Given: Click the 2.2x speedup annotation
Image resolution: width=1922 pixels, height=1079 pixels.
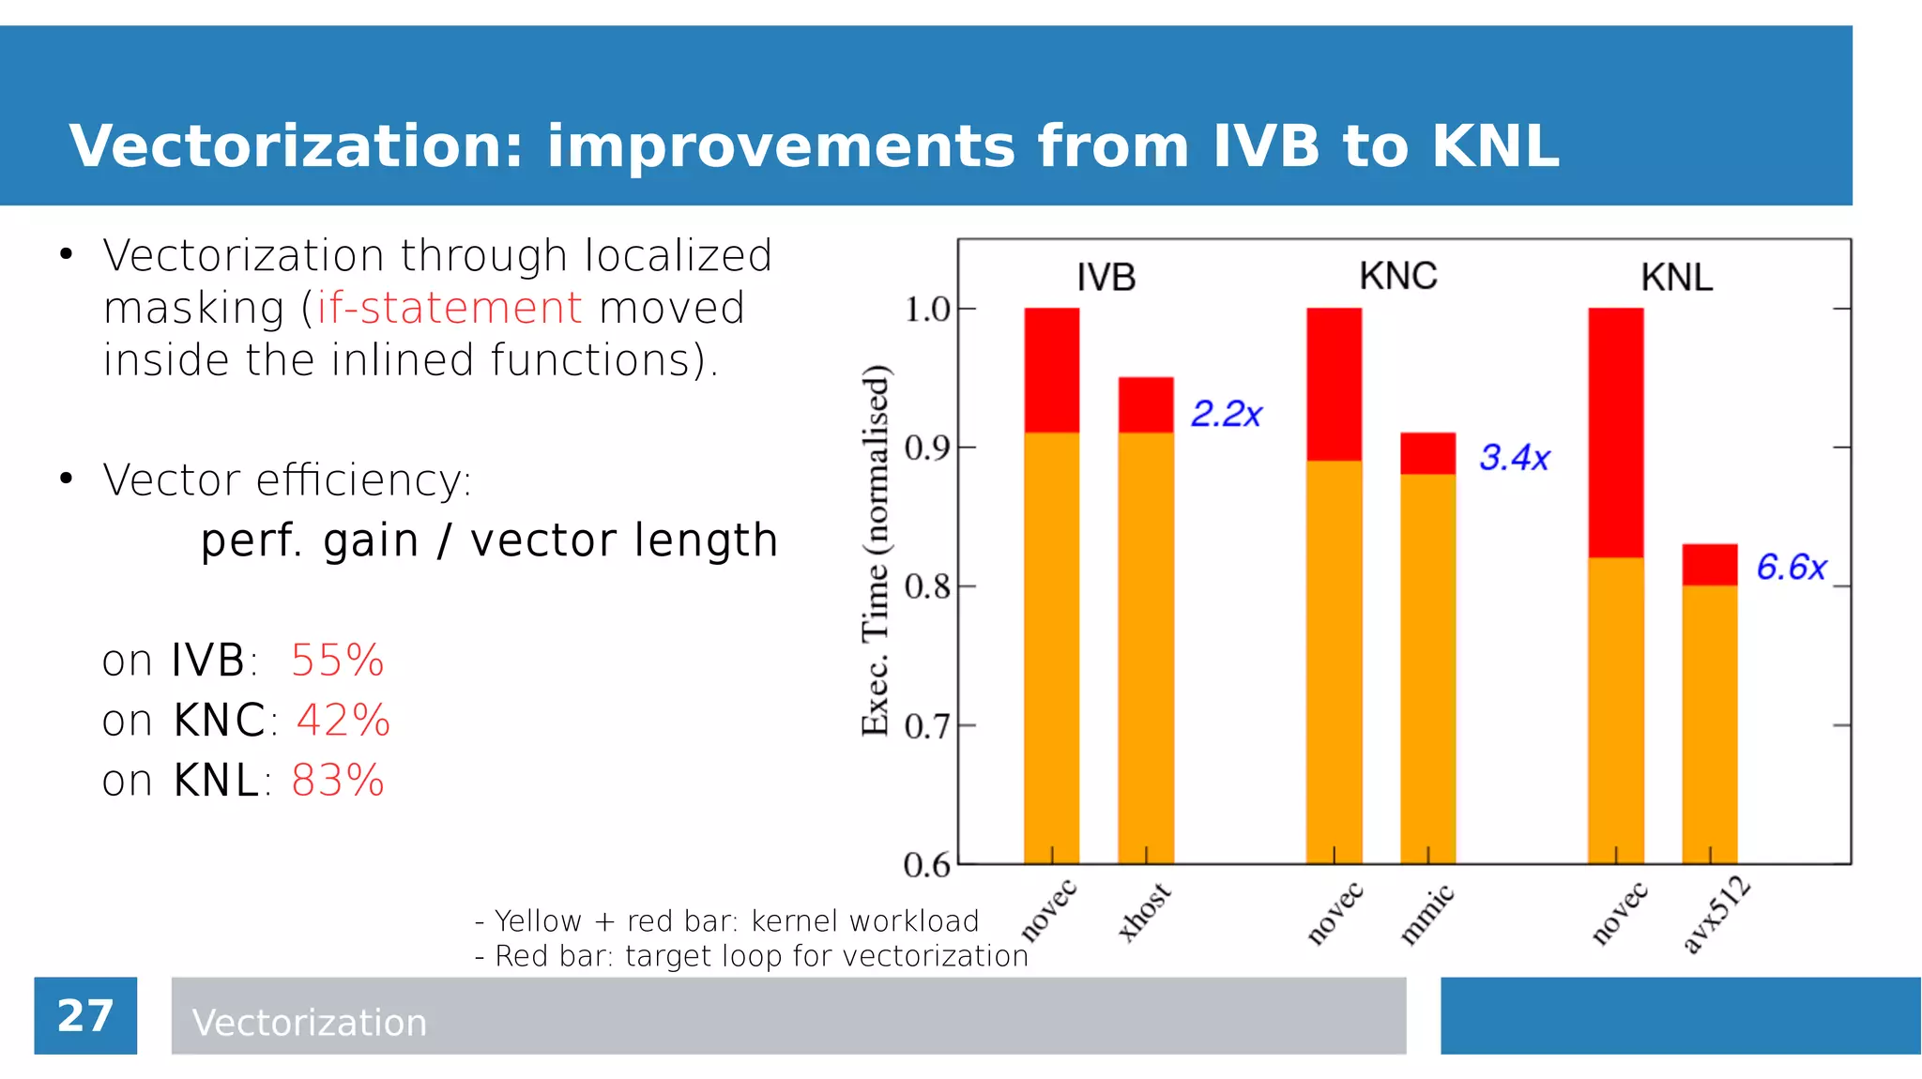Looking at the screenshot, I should pyautogui.click(x=1226, y=414).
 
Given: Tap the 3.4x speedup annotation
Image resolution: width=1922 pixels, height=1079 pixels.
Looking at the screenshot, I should pyautogui.click(x=1514, y=458).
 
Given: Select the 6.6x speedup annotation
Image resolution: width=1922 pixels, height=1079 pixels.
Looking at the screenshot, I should pyautogui.click(x=1791, y=568).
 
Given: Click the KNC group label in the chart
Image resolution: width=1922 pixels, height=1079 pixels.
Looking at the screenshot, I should pyautogui.click(x=1397, y=277).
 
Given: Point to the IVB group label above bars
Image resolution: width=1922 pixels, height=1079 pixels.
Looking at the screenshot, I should pyautogui.click(x=1106, y=278).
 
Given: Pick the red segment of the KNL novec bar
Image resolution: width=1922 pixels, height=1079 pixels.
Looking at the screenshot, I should pyautogui.click(x=1615, y=432).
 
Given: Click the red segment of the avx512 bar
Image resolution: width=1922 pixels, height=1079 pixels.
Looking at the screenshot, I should pyautogui.click(x=1709, y=565).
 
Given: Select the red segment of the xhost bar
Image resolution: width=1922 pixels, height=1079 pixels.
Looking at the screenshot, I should pyautogui.click(x=1146, y=404).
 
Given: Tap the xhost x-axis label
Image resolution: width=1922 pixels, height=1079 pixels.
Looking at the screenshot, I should pyautogui.click(x=1145, y=912).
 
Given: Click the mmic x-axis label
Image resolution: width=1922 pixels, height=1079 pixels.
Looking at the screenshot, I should pyautogui.click(x=1427, y=914).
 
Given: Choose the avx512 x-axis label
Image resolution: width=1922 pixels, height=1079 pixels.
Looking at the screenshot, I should pyautogui.click(x=1716, y=915).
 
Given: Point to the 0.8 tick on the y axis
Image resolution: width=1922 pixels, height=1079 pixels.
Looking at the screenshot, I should pyautogui.click(x=926, y=587).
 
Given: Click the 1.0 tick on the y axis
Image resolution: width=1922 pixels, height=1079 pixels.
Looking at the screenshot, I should pyautogui.click(x=926, y=310).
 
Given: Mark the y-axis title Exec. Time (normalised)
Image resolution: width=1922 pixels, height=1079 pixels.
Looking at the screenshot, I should pyautogui.click(x=875, y=550).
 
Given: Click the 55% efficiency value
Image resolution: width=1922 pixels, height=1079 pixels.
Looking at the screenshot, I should pyautogui.click(x=337, y=661).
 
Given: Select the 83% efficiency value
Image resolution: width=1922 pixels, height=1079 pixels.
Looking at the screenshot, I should pyautogui.click(x=337, y=781).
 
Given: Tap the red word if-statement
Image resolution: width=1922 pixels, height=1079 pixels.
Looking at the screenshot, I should pyautogui.click(x=449, y=308).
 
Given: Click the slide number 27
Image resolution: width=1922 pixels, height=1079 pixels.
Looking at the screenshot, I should pyautogui.click(x=85, y=1016).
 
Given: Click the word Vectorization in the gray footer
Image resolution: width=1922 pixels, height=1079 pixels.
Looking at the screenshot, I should pyautogui.click(x=309, y=1023).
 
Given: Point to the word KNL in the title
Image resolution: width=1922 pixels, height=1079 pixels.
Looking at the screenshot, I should pyautogui.click(x=1496, y=146).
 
